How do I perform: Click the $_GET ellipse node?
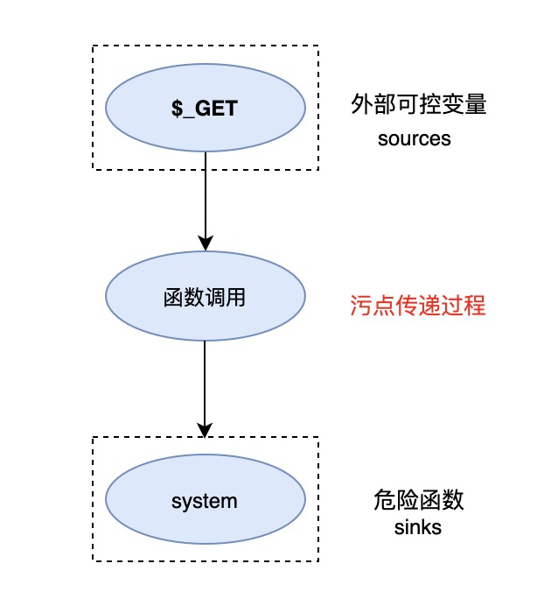205,109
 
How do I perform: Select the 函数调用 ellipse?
205,298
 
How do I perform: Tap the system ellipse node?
205,502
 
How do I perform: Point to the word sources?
415,138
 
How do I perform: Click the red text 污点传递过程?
416,306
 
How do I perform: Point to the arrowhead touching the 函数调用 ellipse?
205,244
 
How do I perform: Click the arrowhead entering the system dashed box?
205,430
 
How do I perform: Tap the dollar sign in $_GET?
176,109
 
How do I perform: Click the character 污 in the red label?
359,306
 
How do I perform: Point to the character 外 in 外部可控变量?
359,106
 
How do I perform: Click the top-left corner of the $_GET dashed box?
93,46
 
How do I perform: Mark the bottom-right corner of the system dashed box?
318,561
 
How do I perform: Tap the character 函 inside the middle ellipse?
172,298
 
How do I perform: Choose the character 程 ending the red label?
473,306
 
